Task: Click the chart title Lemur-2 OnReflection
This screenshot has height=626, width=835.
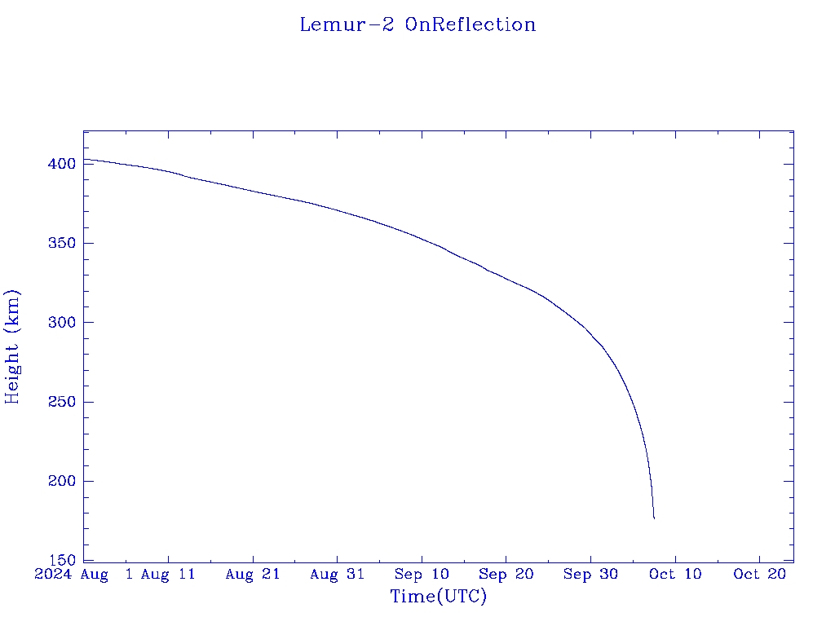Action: (417, 24)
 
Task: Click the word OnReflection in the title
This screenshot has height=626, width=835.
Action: (471, 24)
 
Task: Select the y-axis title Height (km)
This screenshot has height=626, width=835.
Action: (13, 346)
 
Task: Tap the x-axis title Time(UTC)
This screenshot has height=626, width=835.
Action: (439, 597)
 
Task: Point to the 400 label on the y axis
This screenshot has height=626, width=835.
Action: (61, 164)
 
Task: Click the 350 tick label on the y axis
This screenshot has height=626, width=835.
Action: (61, 244)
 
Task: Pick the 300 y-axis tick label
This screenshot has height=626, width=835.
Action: (61, 323)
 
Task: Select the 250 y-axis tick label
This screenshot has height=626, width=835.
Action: (61, 402)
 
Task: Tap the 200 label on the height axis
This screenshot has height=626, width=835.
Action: (61, 481)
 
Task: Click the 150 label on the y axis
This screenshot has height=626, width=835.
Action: (61, 561)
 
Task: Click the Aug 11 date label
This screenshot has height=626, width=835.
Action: (168, 575)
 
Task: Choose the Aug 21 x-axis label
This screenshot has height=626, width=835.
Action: (253, 575)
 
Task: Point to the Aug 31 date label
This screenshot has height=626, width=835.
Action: (337, 575)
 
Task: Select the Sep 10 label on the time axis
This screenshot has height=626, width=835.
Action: (422, 575)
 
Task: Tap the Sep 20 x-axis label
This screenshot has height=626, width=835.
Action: (506, 575)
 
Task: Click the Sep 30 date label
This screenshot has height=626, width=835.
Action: (590, 575)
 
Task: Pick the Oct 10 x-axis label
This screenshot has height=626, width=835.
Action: (675, 575)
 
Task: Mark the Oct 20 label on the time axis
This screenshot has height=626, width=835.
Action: (759, 575)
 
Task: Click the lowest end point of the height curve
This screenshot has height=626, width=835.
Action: (654, 518)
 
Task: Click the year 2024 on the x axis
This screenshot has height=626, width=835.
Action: (54, 575)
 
